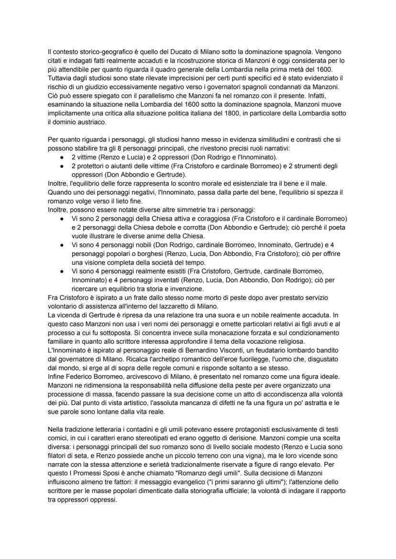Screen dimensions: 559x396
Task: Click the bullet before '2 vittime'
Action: point(63,157)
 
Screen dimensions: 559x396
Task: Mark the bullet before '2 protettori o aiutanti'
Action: point(63,166)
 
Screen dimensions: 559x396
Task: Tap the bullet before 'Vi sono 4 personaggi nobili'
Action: point(63,244)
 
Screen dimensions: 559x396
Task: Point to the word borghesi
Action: point(135,253)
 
